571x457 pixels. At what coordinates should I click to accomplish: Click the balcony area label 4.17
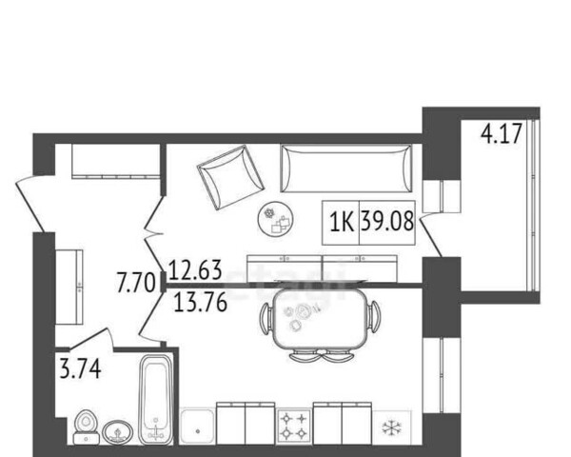502,133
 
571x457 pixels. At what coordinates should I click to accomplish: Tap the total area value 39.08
387,221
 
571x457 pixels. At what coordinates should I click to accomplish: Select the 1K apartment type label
342,222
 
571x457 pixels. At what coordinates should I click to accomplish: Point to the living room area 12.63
195,270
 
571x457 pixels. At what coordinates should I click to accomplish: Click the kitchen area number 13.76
201,303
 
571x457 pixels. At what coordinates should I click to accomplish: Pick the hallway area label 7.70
136,283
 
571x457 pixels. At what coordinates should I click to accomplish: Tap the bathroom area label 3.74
80,368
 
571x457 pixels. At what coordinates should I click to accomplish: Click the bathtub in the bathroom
157,400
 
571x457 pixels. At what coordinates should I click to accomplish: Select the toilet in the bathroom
86,427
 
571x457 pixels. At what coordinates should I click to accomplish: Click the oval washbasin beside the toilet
117,432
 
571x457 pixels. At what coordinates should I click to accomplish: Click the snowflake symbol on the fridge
392,427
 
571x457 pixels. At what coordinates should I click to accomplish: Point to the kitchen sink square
197,426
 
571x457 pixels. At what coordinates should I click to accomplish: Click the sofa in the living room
346,168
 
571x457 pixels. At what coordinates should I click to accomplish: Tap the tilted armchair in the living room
230,177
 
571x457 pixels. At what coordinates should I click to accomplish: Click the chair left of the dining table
266,318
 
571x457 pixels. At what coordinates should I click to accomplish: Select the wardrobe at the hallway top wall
116,161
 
